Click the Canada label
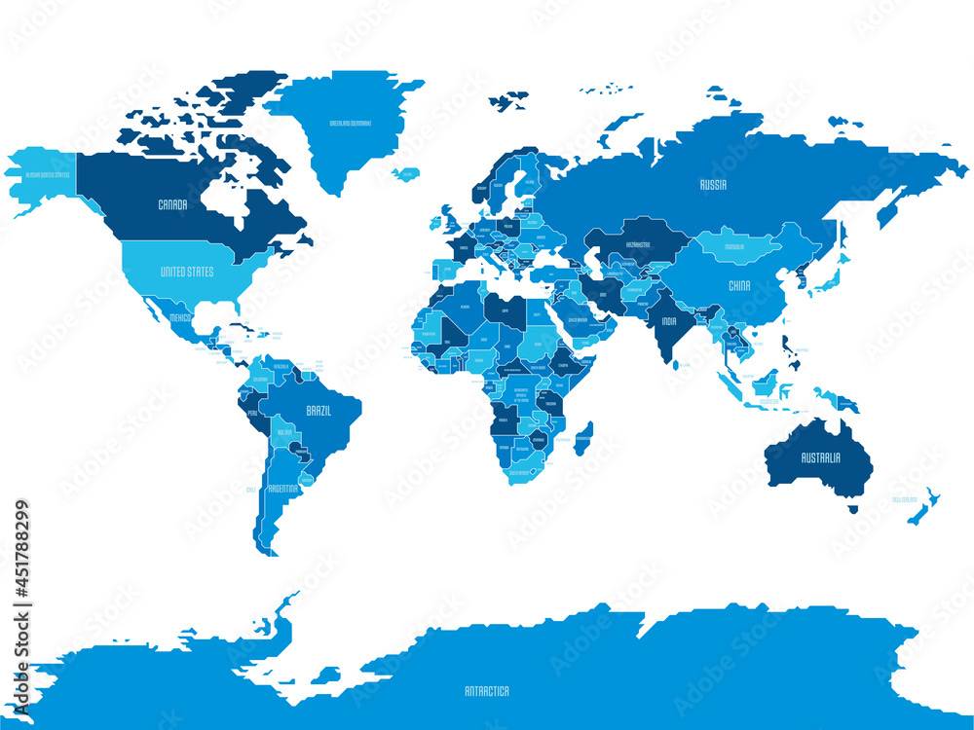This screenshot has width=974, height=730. pos(172,205)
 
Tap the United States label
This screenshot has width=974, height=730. pos(186,272)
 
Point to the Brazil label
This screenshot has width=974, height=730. pos(318,411)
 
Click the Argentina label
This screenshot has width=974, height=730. pos(282,487)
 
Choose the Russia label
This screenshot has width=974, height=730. pos(714,184)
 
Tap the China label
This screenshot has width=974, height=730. pos(739,286)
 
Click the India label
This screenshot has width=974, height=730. pos(668,321)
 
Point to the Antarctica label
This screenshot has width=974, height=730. pos(486,691)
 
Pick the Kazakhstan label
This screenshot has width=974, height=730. pos(638,244)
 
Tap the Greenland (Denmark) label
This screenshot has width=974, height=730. pos(355,124)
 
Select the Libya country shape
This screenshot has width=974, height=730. pos(507,311)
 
